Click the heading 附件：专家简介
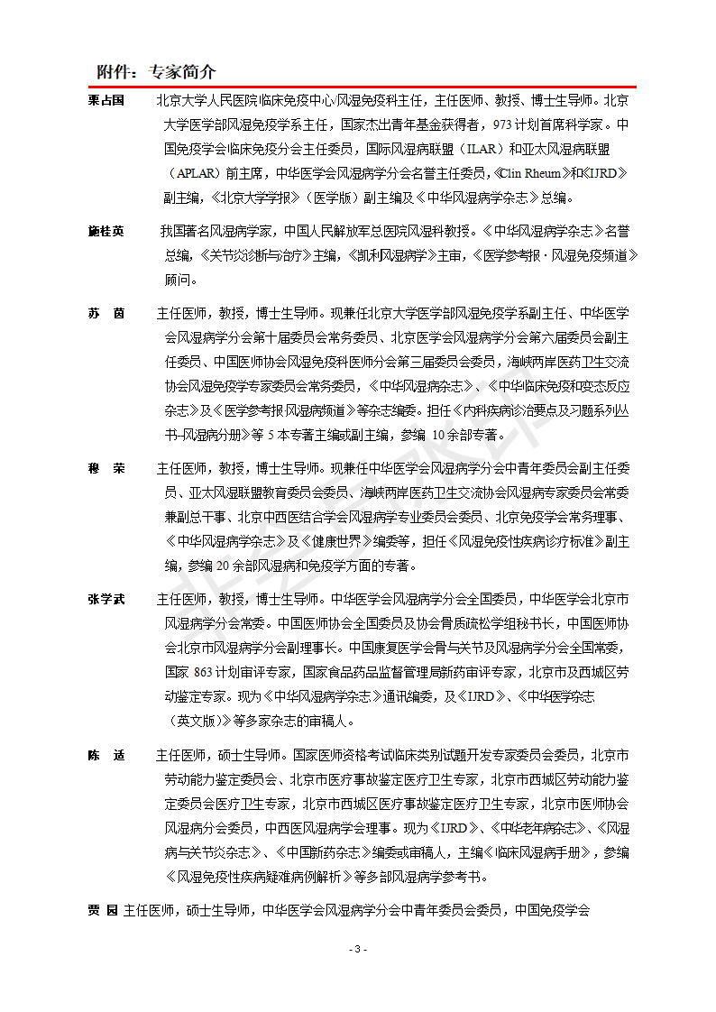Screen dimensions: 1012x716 tap(156, 72)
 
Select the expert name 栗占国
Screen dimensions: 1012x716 tap(106, 100)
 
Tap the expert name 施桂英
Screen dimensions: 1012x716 tap(106, 231)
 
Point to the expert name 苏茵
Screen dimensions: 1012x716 tap(106, 313)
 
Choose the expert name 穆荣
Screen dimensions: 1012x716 tap(106, 469)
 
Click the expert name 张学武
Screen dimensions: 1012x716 tap(106, 599)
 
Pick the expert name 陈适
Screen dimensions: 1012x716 tap(106, 754)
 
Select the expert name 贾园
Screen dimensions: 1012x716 tap(103, 910)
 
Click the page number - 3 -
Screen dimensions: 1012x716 tap(358, 950)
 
